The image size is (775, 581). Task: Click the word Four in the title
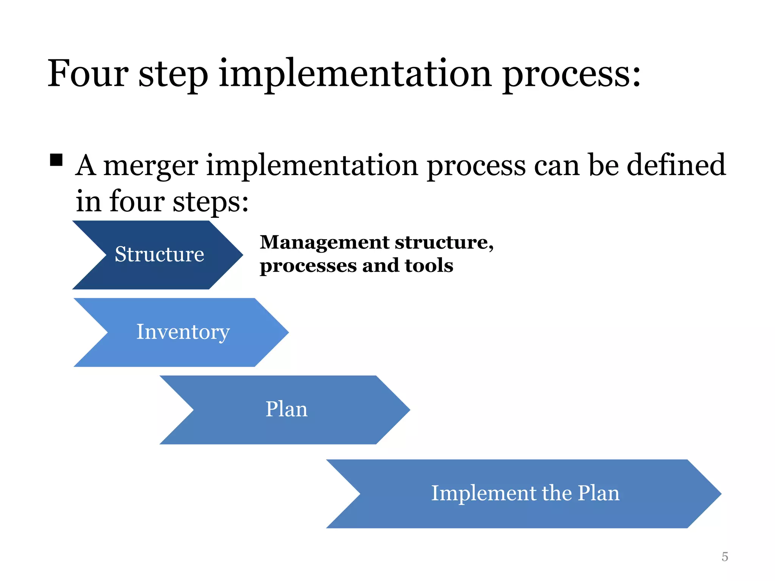88,74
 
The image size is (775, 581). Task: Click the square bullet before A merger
56,160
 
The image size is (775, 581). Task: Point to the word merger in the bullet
151,166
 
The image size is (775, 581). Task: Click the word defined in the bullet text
676,165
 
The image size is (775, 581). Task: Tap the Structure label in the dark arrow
159,254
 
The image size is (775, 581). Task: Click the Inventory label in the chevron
183,332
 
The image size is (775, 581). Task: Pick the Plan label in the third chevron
286,409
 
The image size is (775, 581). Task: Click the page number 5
725,557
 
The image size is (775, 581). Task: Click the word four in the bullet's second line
137,201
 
